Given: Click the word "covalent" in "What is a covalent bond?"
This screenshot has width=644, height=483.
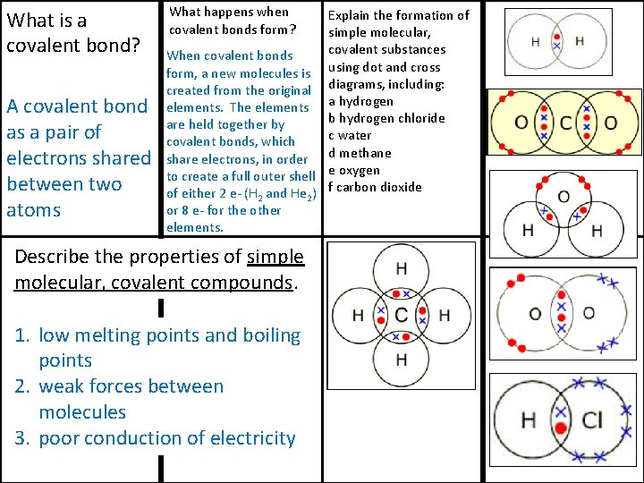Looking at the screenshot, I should pyautogui.click(x=43, y=44).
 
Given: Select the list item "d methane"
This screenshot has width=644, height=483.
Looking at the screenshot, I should pyautogui.click(x=360, y=153).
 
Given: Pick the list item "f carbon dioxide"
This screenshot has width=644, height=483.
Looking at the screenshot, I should pyautogui.click(x=375, y=187).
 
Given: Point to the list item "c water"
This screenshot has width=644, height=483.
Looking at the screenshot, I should pyautogui.click(x=350, y=135).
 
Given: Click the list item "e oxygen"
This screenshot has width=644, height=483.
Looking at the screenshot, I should pyautogui.click(x=354, y=170).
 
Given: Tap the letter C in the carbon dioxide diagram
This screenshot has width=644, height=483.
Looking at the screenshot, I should pyautogui.click(x=564, y=123).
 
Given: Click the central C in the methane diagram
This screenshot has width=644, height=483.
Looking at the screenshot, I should pyautogui.click(x=401, y=315).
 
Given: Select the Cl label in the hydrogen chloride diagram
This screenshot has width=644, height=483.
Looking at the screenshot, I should pyautogui.click(x=592, y=420).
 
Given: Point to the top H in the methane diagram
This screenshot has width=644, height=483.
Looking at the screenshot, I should pyautogui.click(x=401, y=268).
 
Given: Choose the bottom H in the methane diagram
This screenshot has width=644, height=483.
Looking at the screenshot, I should pyautogui.click(x=401, y=360).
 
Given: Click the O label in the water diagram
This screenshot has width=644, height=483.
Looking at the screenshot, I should pyautogui.click(x=563, y=197).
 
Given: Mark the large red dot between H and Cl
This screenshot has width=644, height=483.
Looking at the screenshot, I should pyautogui.click(x=561, y=428).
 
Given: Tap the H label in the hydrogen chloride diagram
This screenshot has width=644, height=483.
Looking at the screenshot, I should pyautogui.click(x=529, y=420).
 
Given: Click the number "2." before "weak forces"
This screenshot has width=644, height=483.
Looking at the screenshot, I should pyautogui.click(x=24, y=386).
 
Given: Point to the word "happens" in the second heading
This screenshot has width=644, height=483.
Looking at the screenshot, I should pyautogui.click(x=231, y=12).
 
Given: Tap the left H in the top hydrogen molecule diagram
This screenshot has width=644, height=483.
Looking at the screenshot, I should pyautogui.click(x=535, y=41).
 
